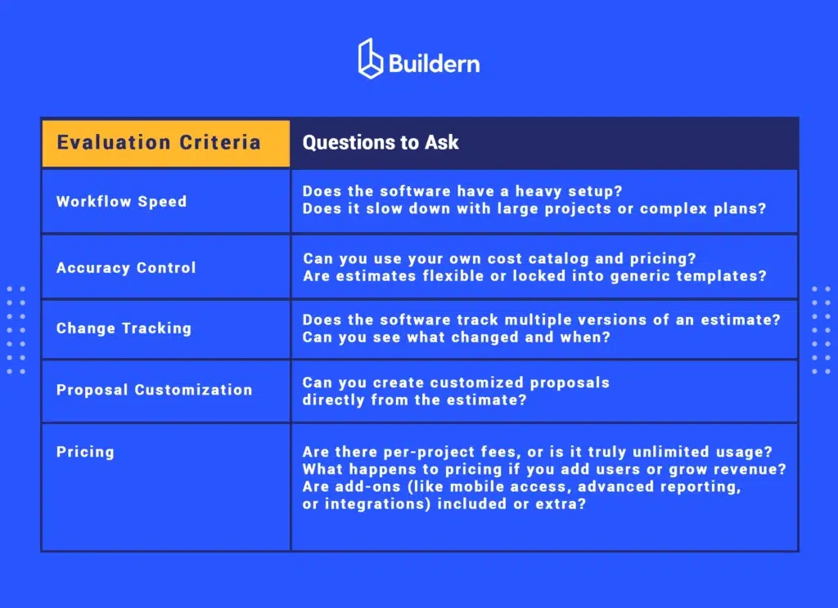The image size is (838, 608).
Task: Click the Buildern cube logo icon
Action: coord(370,59)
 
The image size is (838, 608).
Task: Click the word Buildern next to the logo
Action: coord(434,64)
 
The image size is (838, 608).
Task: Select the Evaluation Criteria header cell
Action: coord(166,143)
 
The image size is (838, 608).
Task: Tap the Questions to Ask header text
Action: coord(381,142)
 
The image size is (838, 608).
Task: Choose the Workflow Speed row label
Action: coord(122,202)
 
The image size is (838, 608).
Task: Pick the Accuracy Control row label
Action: coord(126,267)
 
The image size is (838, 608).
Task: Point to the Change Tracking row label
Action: coord(124,329)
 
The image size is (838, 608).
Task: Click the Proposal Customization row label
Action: coord(155,390)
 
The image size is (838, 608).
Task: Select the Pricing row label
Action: coord(85,452)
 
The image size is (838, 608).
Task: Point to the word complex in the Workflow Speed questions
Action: coord(674,208)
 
